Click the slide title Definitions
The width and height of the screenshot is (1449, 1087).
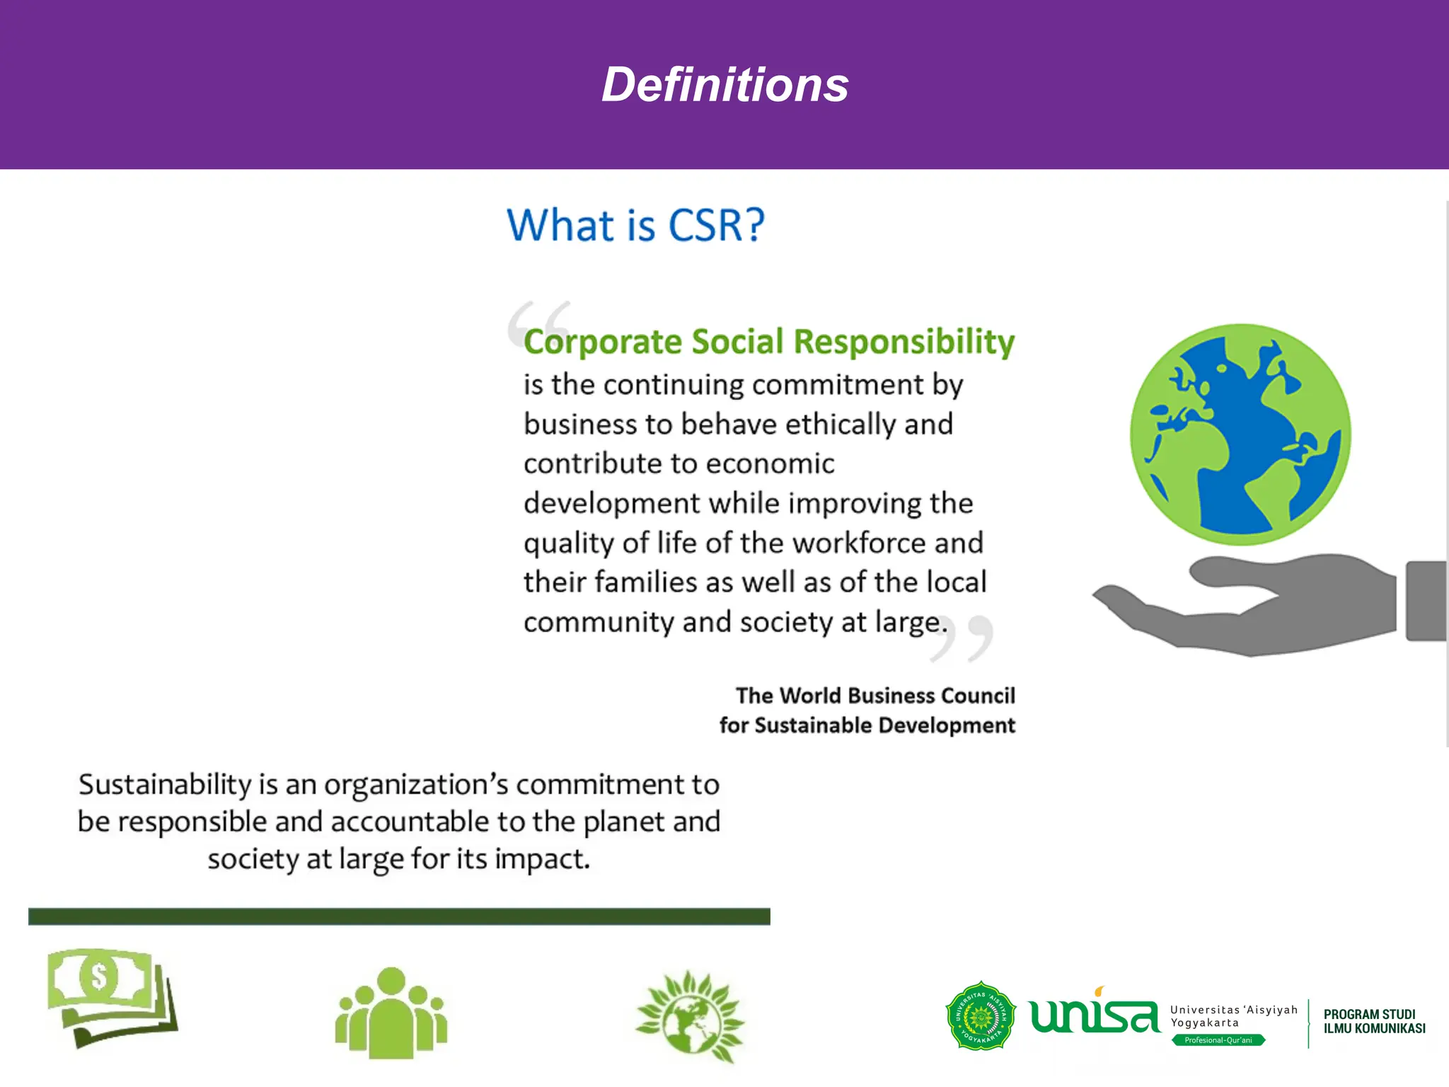(724, 85)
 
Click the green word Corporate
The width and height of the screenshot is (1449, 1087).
(602, 342)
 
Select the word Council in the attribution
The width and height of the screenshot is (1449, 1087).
(978, 696)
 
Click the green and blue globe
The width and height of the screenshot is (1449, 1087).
(1240, 435)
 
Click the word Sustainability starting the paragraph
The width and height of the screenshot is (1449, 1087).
(165, 785)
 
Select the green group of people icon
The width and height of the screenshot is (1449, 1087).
(391, 1013)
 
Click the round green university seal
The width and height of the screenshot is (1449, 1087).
(981, 1016)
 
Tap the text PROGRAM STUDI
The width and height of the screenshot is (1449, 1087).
(1369, 1014)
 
